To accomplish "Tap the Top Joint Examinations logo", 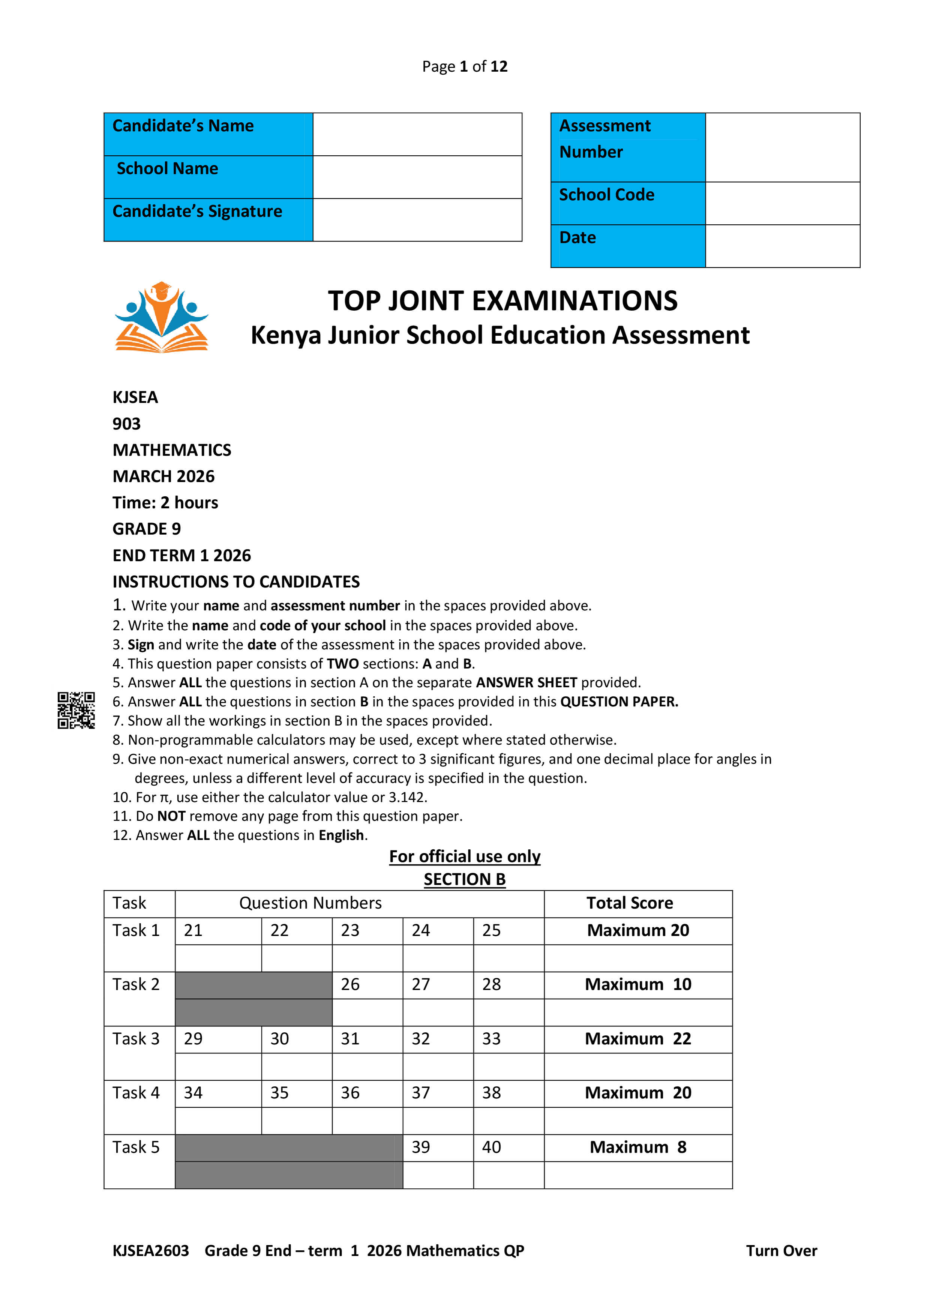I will pos(162,317).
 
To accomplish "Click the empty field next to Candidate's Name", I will pos(417,134).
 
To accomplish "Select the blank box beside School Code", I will pos(782,203).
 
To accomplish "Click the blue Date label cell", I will pos(627,246).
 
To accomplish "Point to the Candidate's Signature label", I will pos(198,212).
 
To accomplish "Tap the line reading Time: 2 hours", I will pos(165,503).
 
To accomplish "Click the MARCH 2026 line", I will pos(163,476).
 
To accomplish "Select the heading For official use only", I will pos(464,856).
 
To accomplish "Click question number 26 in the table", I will pos(350,985).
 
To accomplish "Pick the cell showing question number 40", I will pos(492,1148).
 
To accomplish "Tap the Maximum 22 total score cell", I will pos(638,1039).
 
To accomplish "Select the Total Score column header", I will pos(630,903).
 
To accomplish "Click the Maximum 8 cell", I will pos(638,1148).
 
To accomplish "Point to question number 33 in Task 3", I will pos(492,1039).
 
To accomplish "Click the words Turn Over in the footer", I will pos(781,1251).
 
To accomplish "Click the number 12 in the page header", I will pos(498,66).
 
